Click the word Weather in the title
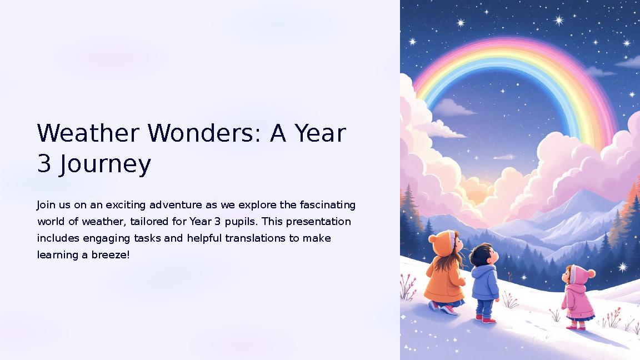click(x=88, y=133)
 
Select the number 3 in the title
click(x=44, y=164)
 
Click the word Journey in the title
click(x=105, y=166)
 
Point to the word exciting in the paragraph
click(x=126, y=205)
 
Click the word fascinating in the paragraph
click(x=327, y=205)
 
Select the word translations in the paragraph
click(x=255, y=238)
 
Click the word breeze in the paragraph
click(x=110, y=254)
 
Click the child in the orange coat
click(x=445, y=272)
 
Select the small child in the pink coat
click(x=578, y=297)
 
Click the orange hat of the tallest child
click(x=442, y=242)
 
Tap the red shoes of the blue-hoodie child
click(x=484, y=319)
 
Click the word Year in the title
click(x=320, y=133)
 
